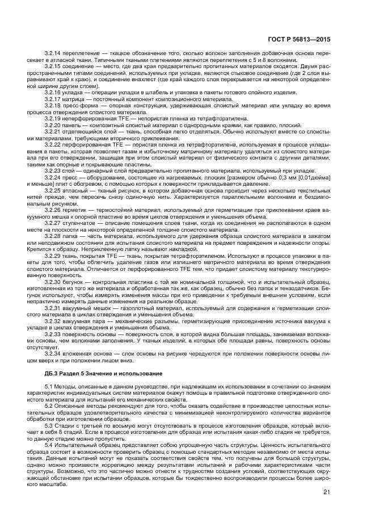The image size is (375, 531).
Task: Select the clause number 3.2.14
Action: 53,52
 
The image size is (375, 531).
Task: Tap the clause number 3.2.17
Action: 53,98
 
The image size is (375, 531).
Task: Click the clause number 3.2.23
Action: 53,170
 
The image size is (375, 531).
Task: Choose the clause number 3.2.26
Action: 53,210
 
